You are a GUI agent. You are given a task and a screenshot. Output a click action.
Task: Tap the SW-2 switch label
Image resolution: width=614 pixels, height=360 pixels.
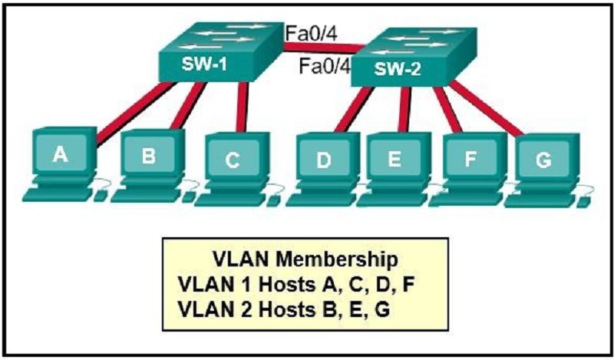pos(397,69)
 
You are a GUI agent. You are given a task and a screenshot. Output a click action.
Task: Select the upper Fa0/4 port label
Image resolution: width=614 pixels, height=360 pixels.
pos(311,33)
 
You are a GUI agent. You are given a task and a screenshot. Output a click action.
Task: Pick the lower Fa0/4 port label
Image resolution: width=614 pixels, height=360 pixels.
pos(325,66)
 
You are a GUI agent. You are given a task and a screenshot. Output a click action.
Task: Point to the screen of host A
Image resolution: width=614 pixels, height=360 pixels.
pos(61,154)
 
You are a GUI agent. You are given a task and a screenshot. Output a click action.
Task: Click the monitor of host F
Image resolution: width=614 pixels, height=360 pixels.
pos(470,158)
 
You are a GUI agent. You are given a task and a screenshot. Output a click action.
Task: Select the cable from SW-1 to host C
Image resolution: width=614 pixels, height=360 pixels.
pos(242,107)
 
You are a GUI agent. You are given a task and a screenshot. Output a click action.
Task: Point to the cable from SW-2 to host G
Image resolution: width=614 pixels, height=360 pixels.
pos(486,109)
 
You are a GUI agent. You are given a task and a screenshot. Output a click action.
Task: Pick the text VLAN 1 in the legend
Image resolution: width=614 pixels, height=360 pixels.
pos(216,285)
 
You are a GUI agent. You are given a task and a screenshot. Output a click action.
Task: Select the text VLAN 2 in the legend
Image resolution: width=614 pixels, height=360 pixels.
pos(216,310)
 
